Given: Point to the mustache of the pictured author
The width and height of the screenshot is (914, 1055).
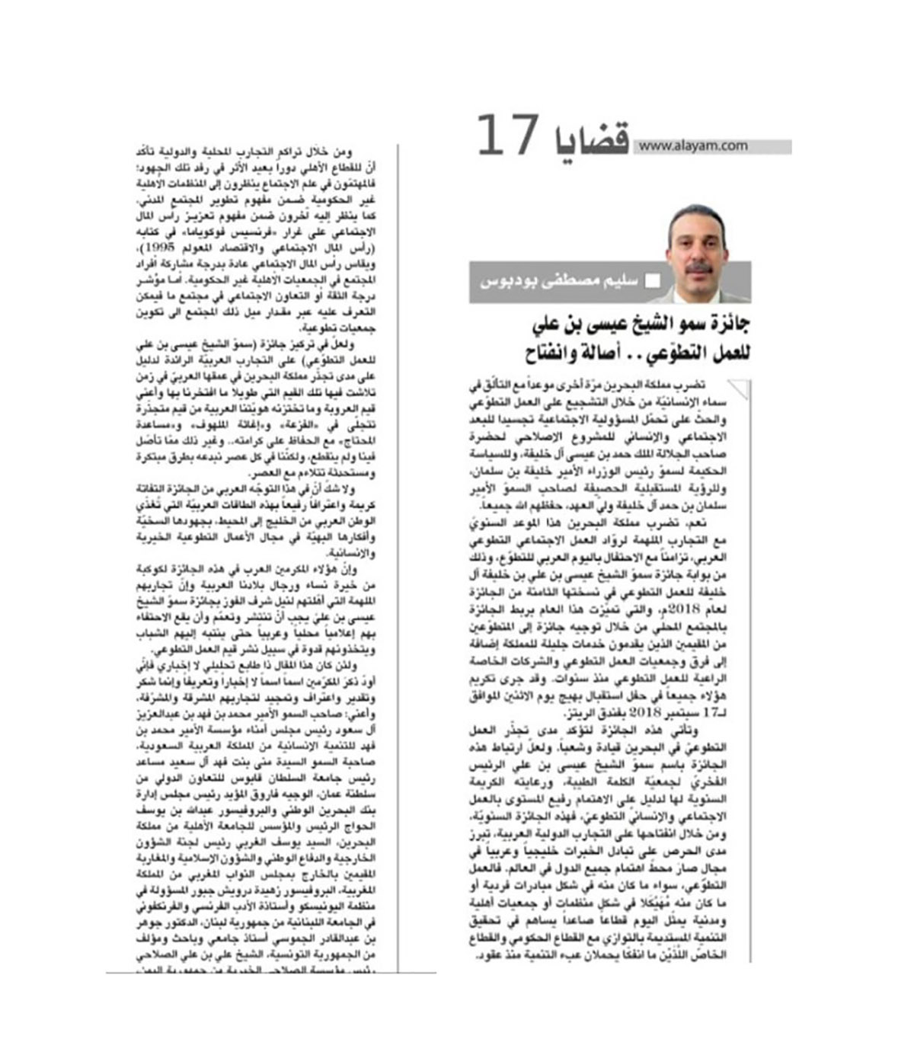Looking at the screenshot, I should tap(698, 268).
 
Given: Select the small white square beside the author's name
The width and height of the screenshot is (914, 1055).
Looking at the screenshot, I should tap(652, 281).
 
